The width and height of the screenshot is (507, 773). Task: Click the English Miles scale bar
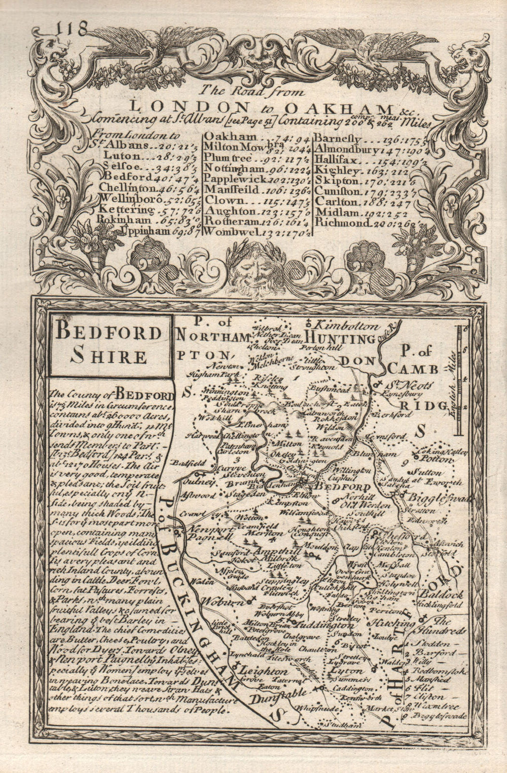coord(460,380)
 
